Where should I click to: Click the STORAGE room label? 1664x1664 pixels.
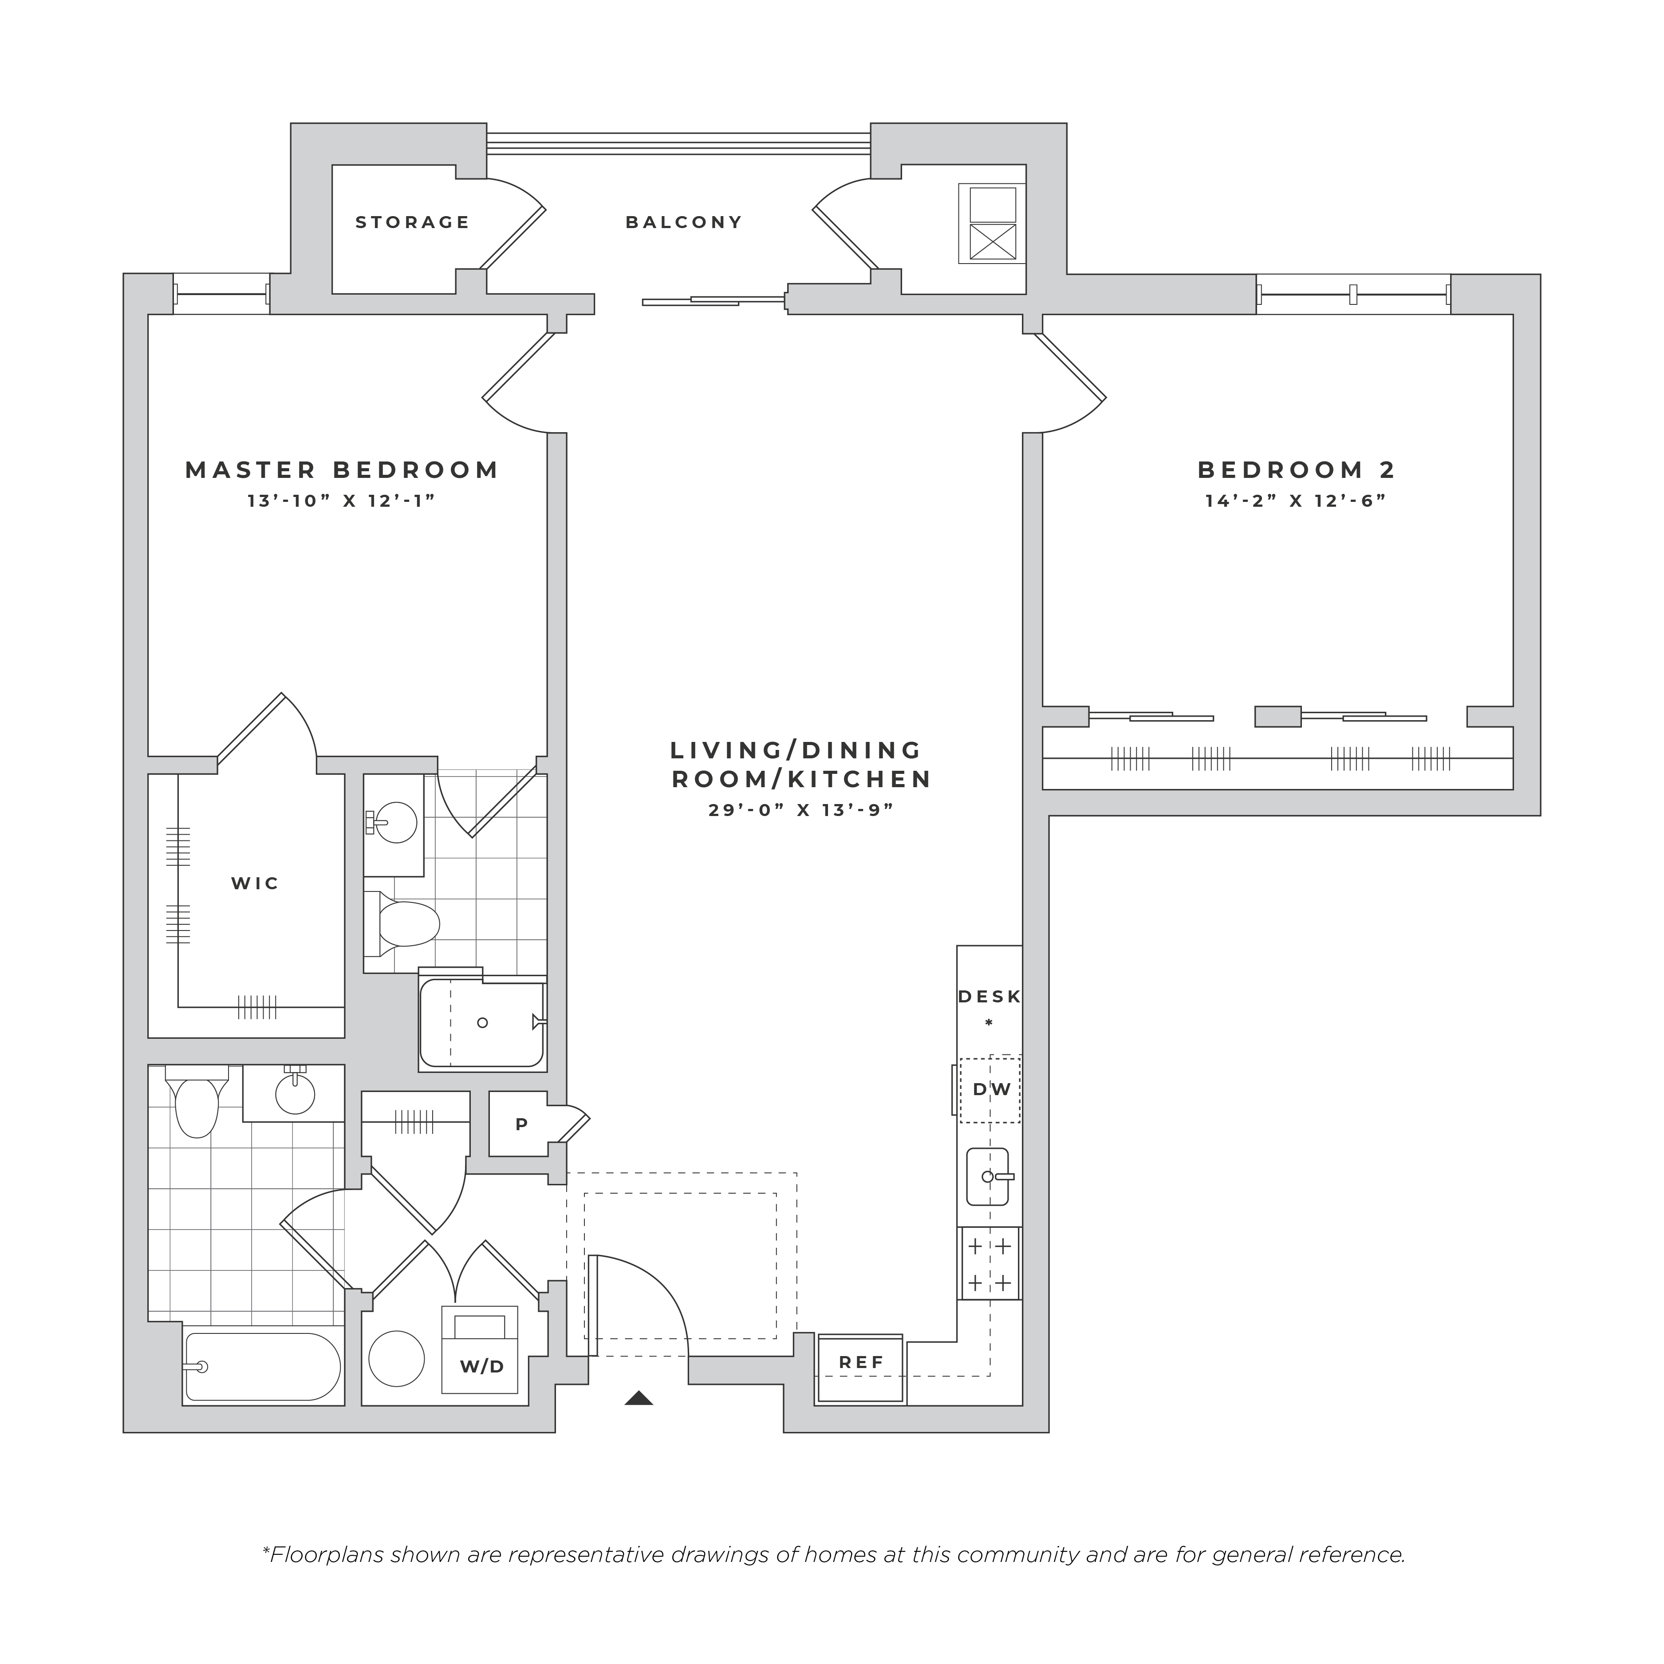[x=413, y=222]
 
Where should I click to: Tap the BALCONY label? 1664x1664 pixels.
[x=684, y=222]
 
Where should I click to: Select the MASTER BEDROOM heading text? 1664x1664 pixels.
[x=342, y=470]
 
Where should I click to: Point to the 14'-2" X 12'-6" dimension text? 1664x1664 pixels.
[x=1296, y=501]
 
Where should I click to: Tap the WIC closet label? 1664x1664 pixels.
[x=255, y=883]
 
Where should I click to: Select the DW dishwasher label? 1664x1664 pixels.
[x=991, y=1089]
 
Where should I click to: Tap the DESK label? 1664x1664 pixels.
[x=990, y=997]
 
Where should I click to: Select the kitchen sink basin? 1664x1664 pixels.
[x=988, y=1176]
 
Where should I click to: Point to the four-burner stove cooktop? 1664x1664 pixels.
[x=990, y=1263]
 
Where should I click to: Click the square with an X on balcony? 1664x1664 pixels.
[x=993, y=241]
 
